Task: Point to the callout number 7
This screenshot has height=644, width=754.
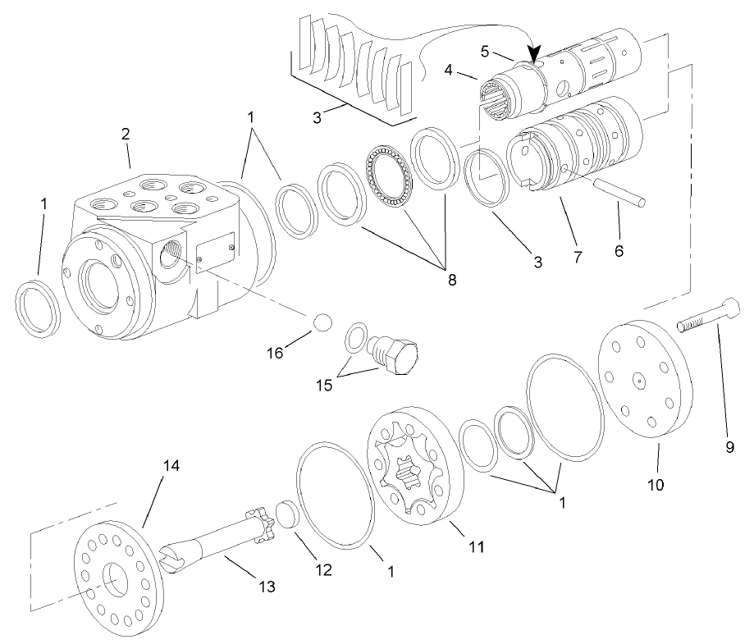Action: pos(578,257)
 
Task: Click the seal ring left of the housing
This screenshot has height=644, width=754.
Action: pos(38,305)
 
